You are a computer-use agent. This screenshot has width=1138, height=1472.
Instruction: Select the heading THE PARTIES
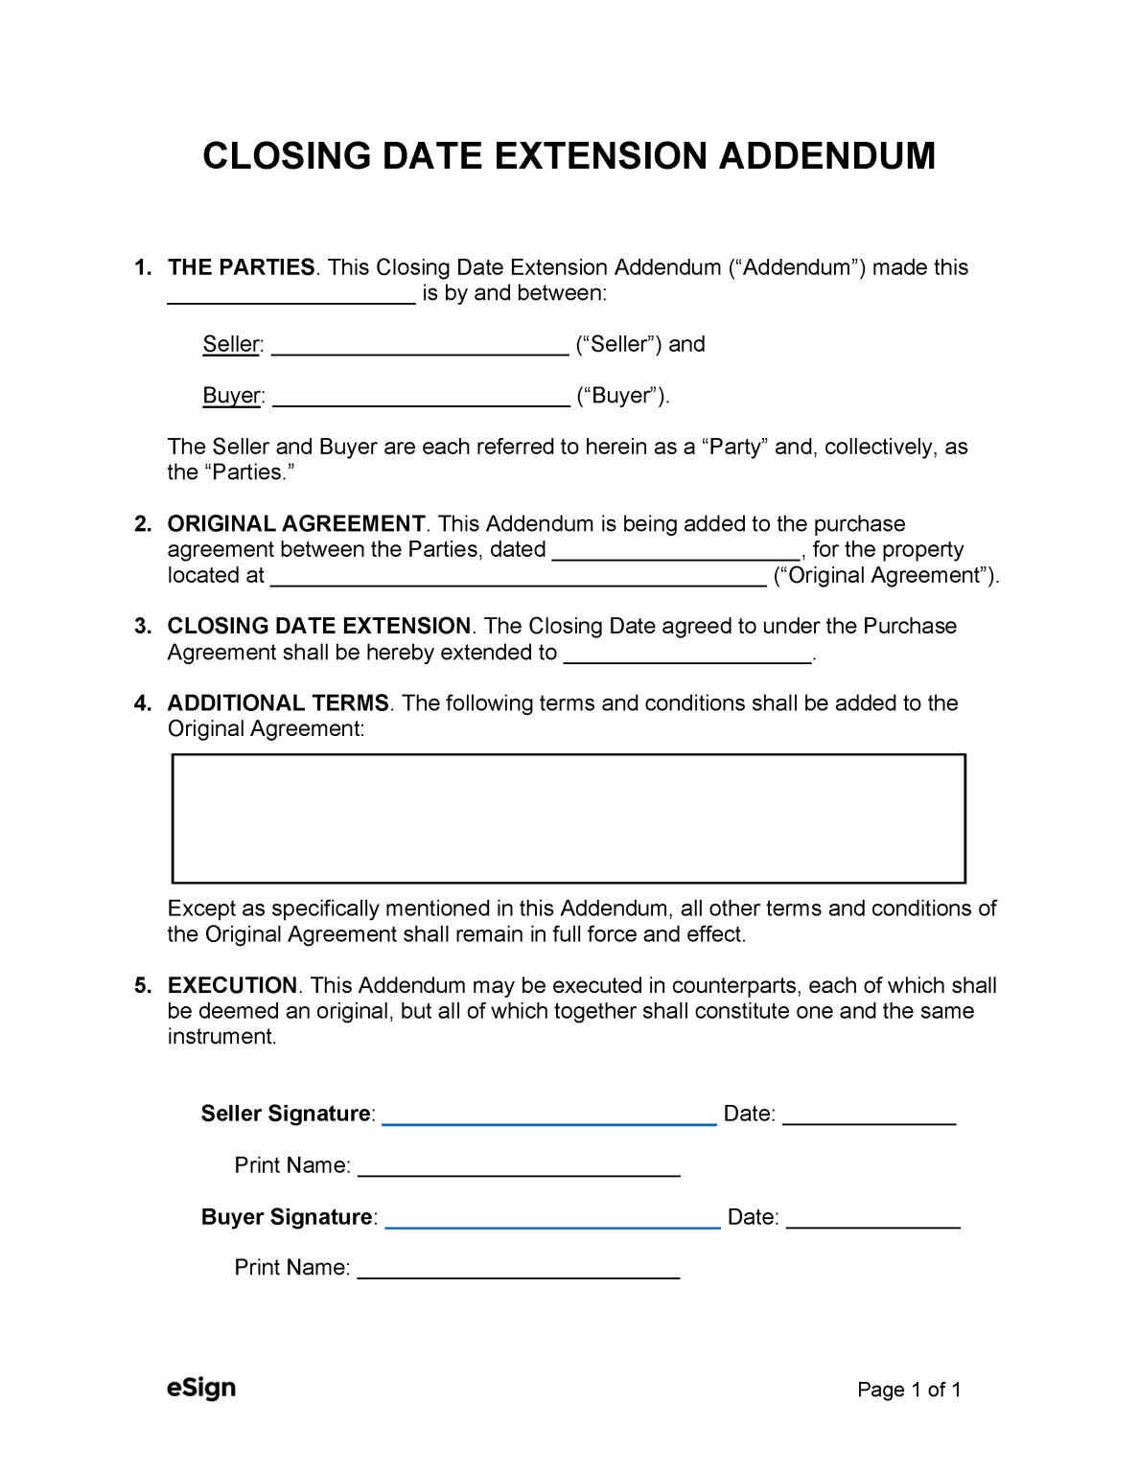[241, 267]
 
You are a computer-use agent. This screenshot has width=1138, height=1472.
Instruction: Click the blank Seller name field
[420, 347]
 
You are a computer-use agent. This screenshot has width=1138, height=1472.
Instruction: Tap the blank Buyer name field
[421, 399]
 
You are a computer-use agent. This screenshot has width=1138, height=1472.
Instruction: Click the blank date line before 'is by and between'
[291, 296]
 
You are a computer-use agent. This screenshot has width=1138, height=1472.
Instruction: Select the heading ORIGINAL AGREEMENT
[296, 524]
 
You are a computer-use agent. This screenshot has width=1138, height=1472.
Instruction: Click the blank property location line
[519, 578]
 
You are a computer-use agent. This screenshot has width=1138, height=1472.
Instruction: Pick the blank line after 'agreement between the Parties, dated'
[677, 552]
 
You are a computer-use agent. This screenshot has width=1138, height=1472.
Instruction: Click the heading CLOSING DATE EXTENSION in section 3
[318, 627]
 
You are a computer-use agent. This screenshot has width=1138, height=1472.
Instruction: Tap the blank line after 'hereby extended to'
[687, 655]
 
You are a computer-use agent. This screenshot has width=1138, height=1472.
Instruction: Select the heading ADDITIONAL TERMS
[278, 703]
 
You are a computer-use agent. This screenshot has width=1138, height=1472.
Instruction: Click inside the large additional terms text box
[569, 818]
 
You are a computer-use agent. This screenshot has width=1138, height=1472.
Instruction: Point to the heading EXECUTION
[233, 986]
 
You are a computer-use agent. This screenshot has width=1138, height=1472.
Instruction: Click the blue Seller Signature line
[549, 1116]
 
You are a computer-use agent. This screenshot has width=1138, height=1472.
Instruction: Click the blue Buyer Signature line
[552, 1220]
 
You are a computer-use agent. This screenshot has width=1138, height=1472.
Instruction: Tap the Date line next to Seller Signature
[870, 1116]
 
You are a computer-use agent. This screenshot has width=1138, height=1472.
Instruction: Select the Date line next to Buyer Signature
[872, 1220]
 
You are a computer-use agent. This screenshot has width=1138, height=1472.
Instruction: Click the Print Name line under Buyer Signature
[518, 1271]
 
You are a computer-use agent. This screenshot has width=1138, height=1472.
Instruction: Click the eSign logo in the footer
[200, 1388]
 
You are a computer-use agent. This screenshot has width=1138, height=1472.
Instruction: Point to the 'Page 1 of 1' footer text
[909, 1390]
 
